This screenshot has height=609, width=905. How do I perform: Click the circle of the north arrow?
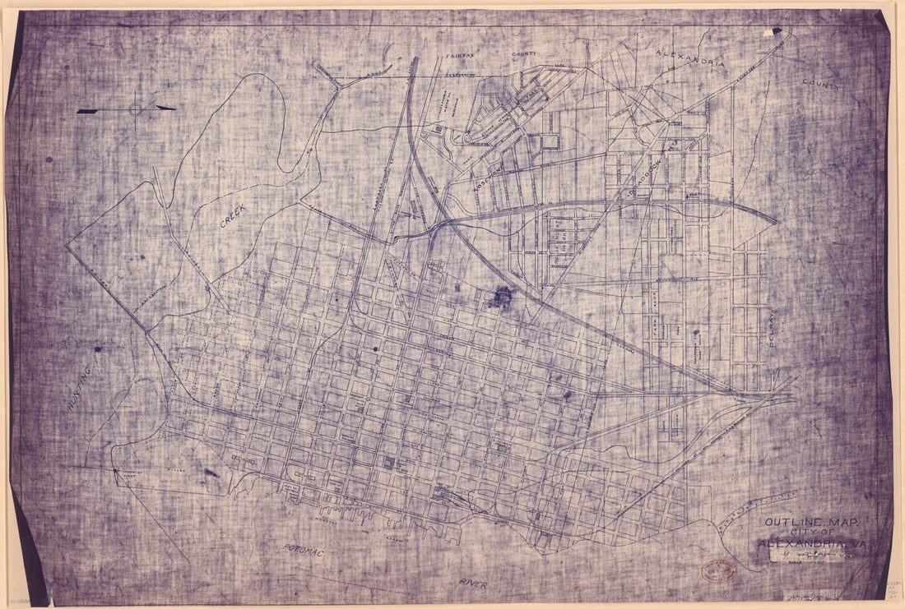[x=136, y=108]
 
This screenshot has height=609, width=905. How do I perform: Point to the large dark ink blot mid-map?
[x=499, y=298]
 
